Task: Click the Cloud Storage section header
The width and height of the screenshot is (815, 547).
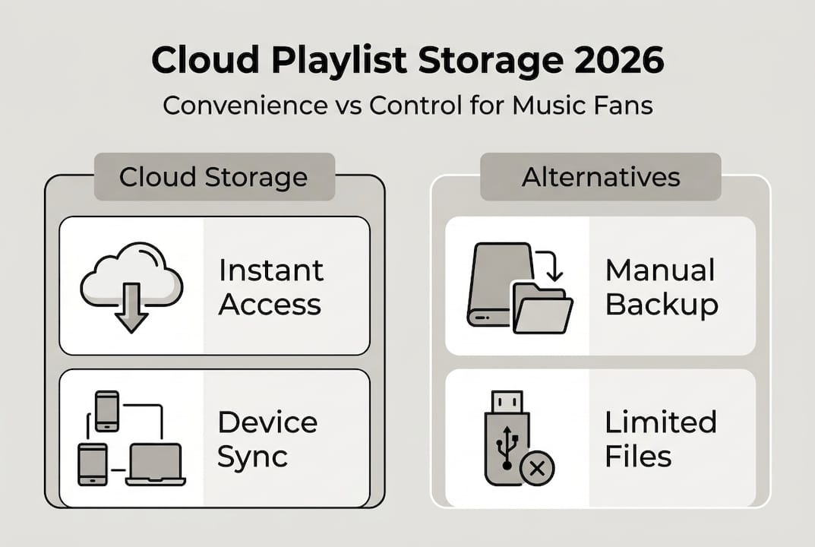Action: coord(213,178)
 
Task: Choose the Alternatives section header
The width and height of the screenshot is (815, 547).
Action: coord(600,178)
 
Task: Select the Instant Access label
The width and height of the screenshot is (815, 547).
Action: coord(270,287)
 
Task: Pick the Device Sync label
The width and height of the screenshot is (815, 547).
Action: coord(267,439)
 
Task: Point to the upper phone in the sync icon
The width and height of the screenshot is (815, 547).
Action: coord(106,411)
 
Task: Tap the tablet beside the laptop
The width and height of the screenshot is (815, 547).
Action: coord(93,464)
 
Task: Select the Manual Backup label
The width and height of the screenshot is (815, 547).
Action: coord(662,287)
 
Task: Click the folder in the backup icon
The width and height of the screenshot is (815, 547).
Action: coord(542,309)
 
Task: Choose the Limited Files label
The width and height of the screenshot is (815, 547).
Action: coord(660,439)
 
